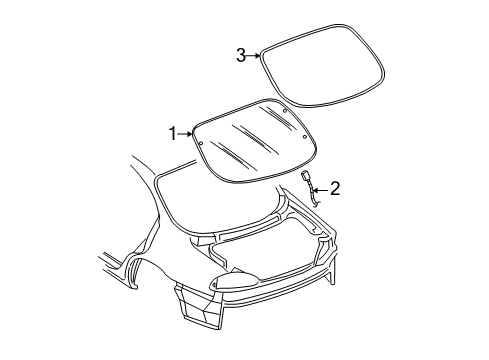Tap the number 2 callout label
(335, 187)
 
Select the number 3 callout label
(240, 56)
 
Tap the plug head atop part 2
(304, 177)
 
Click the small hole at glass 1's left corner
(200, 142)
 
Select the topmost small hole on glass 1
(285, 107)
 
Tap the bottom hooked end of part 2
(318, 202)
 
